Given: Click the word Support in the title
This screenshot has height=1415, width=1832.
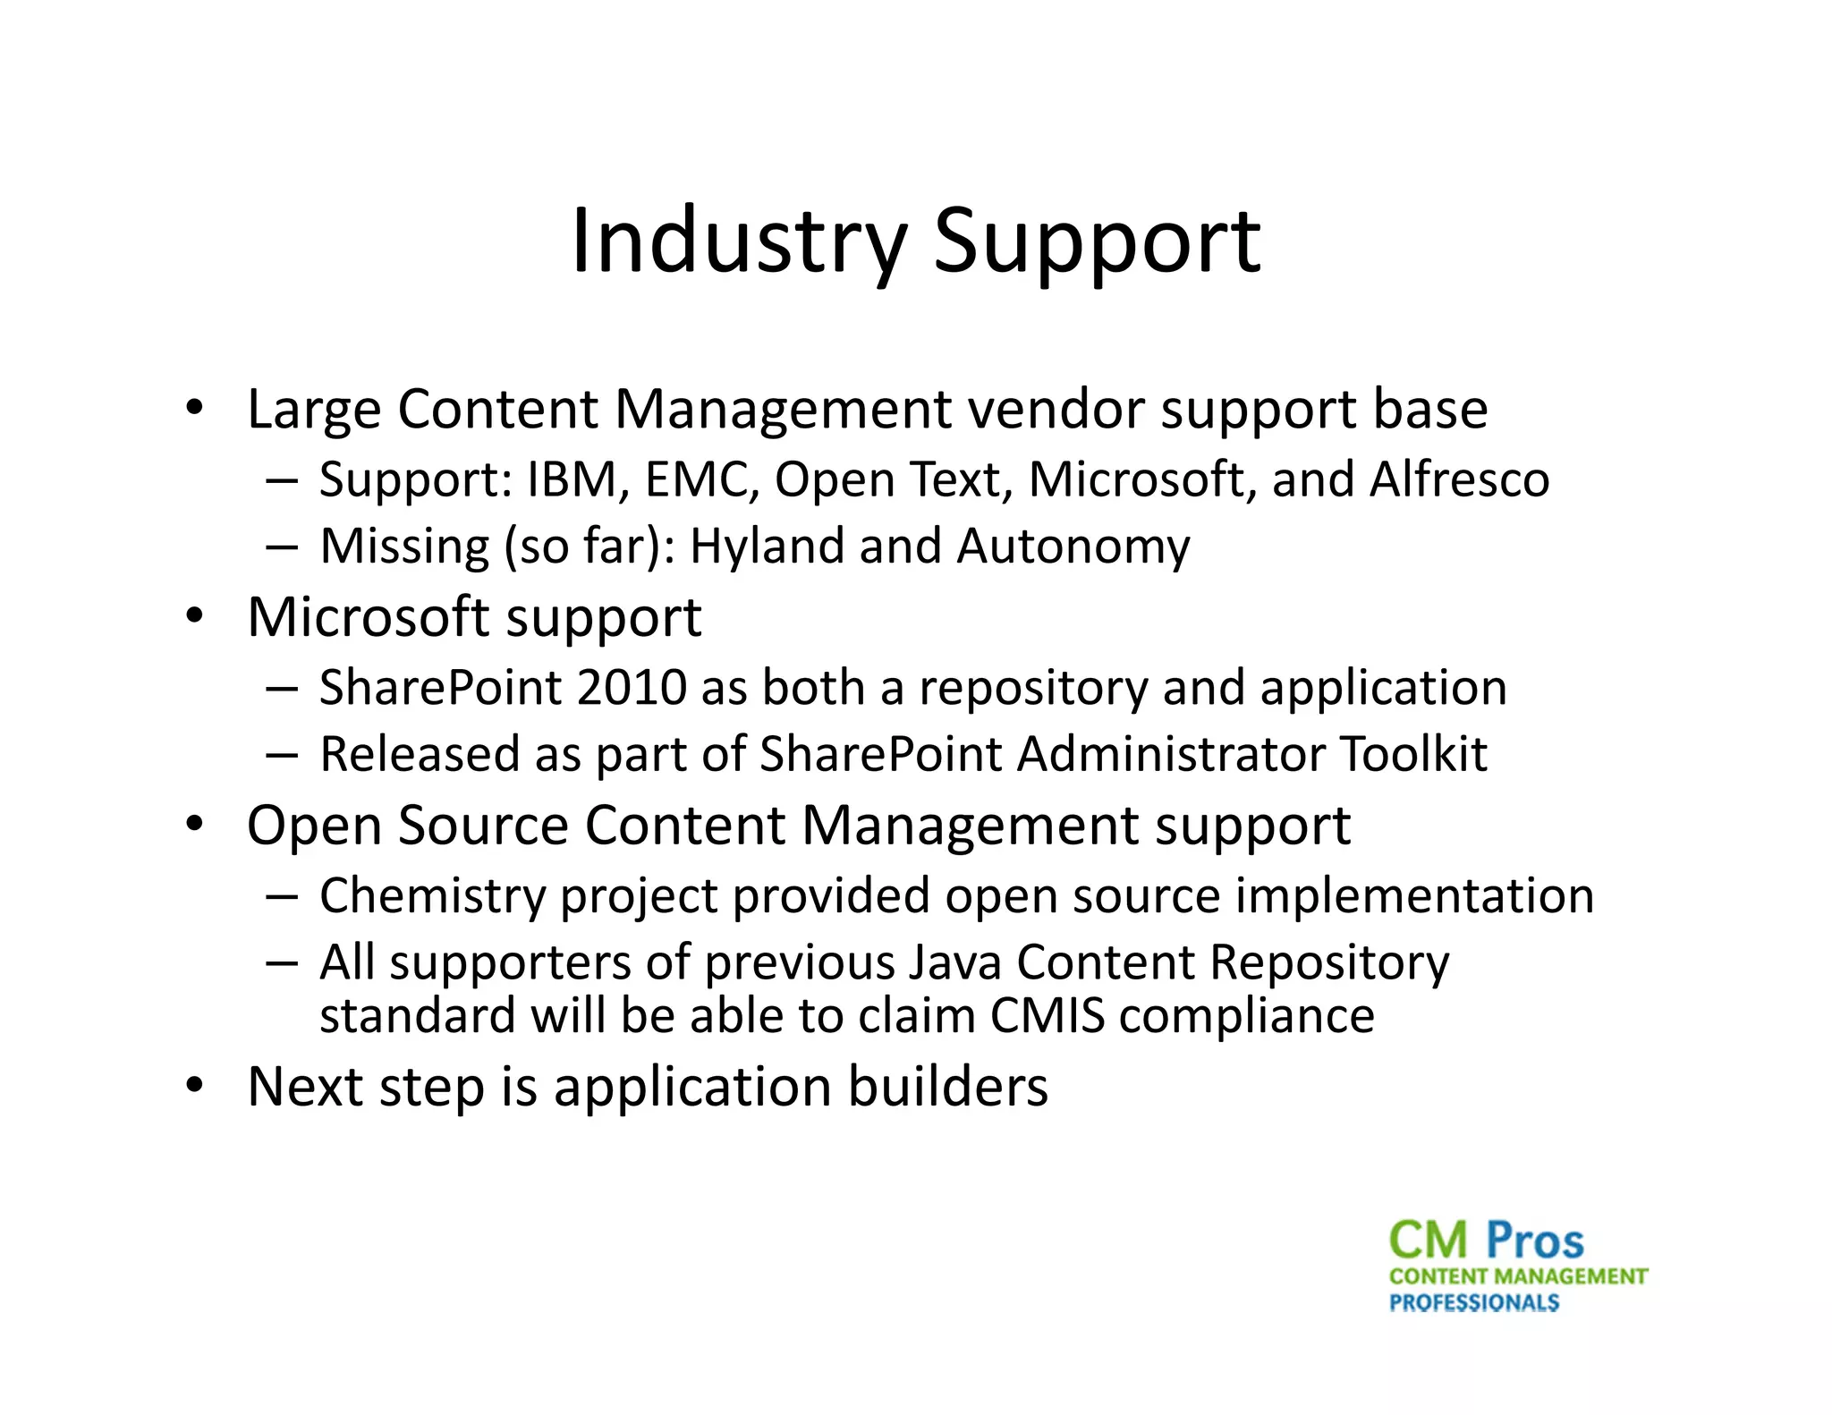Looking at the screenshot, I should (1097, 241).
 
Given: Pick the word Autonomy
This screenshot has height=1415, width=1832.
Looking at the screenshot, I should (1073, 546).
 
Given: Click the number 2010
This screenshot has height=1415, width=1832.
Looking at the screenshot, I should (632, 688).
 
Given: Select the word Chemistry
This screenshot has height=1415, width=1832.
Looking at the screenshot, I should (432, 896).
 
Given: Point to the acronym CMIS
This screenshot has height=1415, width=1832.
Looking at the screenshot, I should (1047, 1016).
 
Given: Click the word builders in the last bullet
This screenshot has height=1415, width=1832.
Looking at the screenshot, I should (947, 1087).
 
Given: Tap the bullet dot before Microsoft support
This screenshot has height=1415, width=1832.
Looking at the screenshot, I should (195, 617).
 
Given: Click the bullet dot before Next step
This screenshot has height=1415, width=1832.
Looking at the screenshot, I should (195, 1087).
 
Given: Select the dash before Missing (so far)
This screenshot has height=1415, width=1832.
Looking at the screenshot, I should (282, 547).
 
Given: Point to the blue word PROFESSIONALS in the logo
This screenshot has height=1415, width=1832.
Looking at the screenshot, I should (1473, 1302).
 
